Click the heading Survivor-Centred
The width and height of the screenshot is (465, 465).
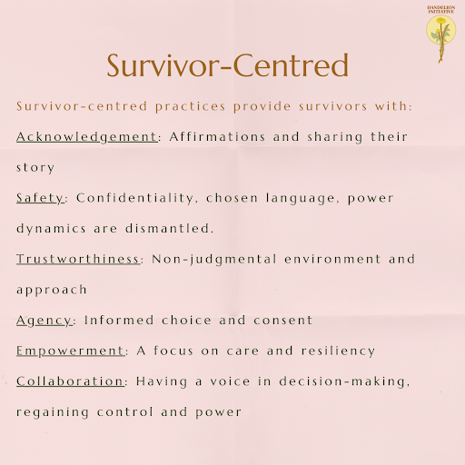[228, 66]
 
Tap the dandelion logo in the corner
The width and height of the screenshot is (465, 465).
[441, 32]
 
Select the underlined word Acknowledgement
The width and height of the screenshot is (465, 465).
[86, 136]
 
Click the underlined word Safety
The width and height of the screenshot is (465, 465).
[40, 197]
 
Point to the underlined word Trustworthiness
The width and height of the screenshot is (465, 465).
[79, 259]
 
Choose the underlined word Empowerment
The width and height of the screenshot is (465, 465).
[69, 351]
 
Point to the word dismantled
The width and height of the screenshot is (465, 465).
[187, 229]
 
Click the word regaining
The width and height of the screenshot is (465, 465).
[53, 412]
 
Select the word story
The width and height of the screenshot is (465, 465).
[35, 167]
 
